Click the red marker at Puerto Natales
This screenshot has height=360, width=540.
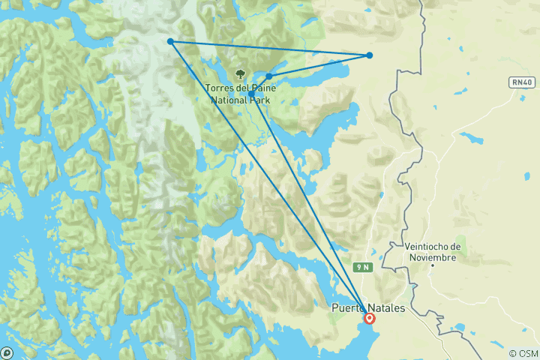pos(369,317)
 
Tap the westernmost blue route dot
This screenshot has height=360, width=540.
pos(171,41)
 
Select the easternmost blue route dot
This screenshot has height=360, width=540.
pos(369,55)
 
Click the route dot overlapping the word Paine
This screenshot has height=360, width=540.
pos(268,76)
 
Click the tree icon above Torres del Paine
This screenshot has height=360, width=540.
pos(240,73)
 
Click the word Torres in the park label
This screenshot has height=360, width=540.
pos(220,88)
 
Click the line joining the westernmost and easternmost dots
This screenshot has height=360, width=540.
pos(270,48)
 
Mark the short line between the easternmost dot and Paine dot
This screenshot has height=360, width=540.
pos(319,65)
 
